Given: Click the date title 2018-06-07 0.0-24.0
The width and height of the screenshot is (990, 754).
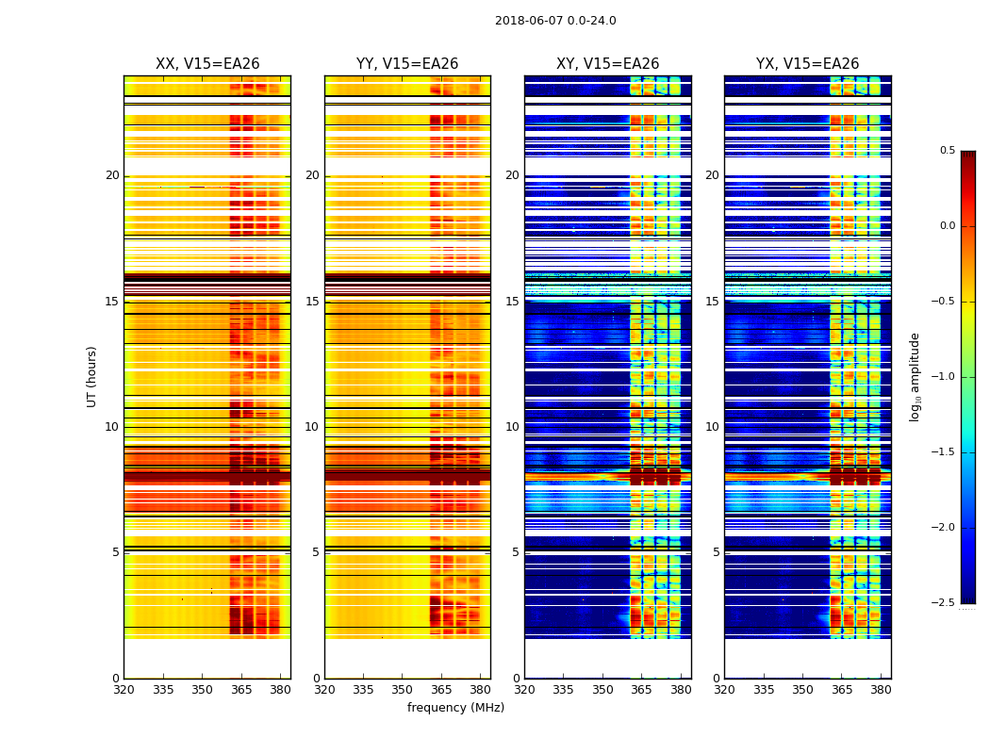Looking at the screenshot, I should tap(555, 21).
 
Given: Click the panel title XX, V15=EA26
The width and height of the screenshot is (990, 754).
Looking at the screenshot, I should tap(207, 64).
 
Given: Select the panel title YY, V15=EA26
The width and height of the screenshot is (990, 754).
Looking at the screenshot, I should tap(407, 64).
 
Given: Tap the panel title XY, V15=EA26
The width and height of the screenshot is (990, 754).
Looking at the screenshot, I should tap(607, 64).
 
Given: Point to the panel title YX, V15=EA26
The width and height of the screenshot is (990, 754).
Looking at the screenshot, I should tap(807, 64).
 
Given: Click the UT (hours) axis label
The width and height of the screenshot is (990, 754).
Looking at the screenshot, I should tap(92, 376).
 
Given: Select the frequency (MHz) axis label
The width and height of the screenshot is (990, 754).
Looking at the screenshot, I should tap(455, 708).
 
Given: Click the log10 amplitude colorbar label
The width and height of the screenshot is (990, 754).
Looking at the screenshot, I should tap(915, 376).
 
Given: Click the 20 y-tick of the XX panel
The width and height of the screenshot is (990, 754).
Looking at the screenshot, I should tap(112, 175).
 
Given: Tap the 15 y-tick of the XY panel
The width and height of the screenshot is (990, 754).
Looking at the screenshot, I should tap(512, 302).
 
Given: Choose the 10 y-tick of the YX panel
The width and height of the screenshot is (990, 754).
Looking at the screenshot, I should tap(712, 427).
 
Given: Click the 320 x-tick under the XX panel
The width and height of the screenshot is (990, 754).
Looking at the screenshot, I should tap(124, 689).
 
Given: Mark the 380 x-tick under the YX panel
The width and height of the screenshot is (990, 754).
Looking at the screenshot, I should tap(881, 689).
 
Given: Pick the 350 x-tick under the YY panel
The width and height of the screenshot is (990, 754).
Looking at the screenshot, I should tap(403, 689).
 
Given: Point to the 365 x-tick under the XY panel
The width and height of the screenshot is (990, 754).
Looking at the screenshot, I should tap(641, 689).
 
